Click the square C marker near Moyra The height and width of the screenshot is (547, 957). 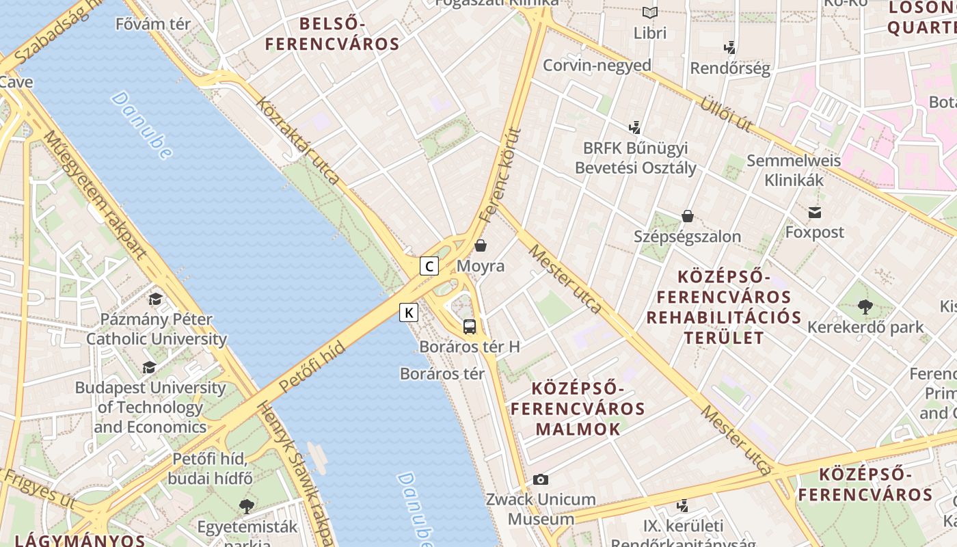(429, 266)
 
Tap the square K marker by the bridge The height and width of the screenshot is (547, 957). (409, 312)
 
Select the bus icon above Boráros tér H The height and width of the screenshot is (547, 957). (470, 326)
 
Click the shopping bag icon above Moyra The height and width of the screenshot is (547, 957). (481, 245)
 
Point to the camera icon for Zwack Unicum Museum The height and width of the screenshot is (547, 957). (541, 479)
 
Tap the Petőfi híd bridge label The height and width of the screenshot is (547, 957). (312, 366)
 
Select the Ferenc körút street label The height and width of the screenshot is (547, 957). (500, 176)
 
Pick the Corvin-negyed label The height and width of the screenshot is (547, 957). (597, 66)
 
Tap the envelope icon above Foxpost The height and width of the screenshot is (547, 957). (814, 213)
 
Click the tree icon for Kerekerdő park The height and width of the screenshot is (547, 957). (865, 307)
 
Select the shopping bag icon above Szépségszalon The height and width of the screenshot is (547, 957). (687, 217)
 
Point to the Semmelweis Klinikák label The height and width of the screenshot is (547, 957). (794, 170)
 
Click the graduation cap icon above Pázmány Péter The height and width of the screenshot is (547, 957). (156, 299)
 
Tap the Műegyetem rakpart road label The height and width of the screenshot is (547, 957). (96, 195)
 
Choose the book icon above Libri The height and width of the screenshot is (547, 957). (649, 13)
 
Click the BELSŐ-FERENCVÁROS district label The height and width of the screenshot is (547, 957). (332, 34)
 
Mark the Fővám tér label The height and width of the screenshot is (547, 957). (152, 24)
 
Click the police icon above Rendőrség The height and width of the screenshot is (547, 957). (730, 48)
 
